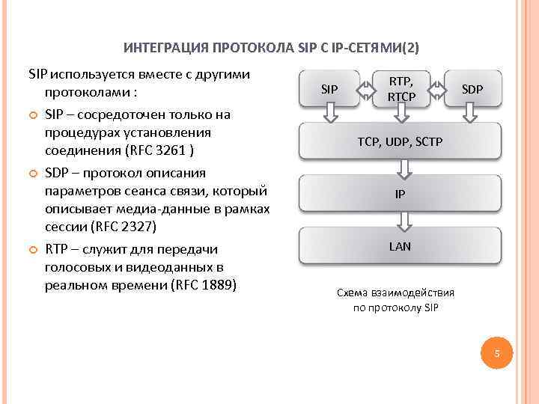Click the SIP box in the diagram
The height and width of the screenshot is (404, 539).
329,90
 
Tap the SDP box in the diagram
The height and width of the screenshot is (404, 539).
472,90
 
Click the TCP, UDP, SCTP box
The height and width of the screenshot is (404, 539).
400,140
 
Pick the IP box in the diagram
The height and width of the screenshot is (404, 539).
400,194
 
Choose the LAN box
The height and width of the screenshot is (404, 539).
400,246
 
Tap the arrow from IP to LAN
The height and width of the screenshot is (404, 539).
402,220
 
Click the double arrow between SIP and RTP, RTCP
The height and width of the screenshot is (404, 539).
365,90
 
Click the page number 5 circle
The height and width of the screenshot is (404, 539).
495,353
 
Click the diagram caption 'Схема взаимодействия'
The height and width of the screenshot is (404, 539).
395,293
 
